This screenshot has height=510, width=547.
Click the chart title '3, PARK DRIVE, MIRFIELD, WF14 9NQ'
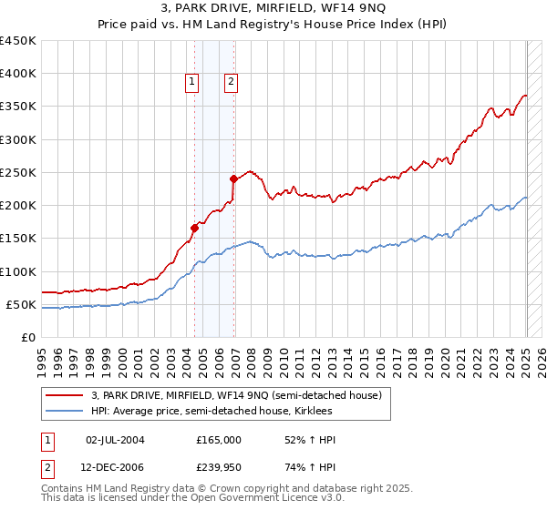[273, 10]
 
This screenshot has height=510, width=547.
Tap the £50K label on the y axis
[21, 304]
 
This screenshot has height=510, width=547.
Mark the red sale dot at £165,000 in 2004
[195, 229]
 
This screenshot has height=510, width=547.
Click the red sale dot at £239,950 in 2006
[234, 179]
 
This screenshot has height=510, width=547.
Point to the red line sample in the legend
[65, 394]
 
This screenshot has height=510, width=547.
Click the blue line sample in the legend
[65, 411]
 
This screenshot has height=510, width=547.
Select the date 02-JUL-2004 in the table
[115, 440]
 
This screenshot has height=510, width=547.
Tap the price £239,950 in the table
[218, 467]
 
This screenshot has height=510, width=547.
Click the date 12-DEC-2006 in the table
[115, 467]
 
